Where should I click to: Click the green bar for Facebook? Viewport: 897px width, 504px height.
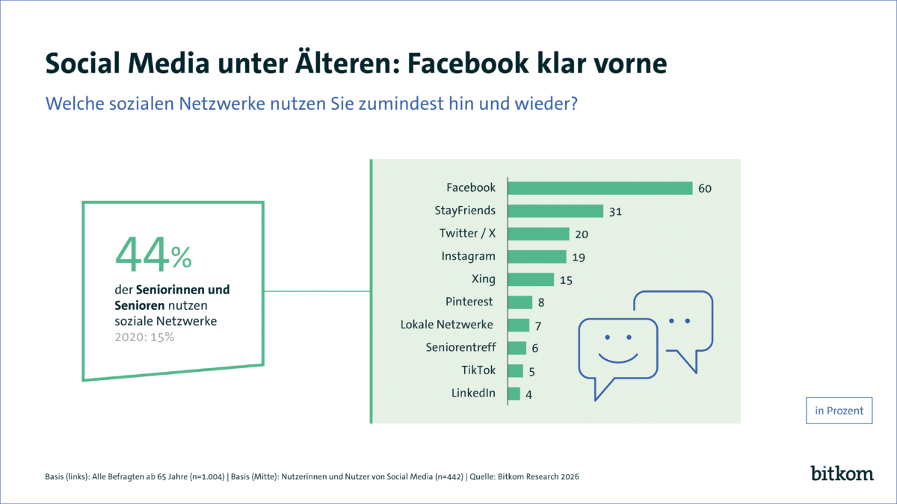600,187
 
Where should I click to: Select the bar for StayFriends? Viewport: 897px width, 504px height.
555,211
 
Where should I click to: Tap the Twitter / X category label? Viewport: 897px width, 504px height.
467,234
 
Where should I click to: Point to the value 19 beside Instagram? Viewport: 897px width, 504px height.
577,257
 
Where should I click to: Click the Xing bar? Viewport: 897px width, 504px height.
531,279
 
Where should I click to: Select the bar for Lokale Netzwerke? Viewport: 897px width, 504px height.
518,325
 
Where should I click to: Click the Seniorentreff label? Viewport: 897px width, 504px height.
460,348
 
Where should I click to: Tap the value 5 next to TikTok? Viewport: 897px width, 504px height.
531,371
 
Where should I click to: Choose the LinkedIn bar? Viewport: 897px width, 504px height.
514,393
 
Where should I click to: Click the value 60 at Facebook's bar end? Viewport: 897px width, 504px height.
704,188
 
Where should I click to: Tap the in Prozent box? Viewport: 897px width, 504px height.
839,411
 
